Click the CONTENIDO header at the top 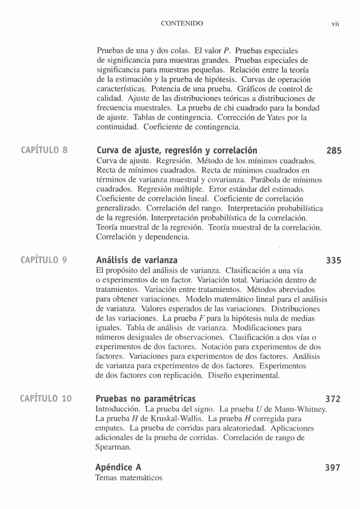182,23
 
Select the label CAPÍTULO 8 44,150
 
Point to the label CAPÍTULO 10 46,399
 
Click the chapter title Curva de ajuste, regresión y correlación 176,150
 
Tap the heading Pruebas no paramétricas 146,399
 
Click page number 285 334,151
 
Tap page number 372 334,399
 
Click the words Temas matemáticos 129,478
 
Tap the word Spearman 113,447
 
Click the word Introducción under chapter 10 116,409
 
